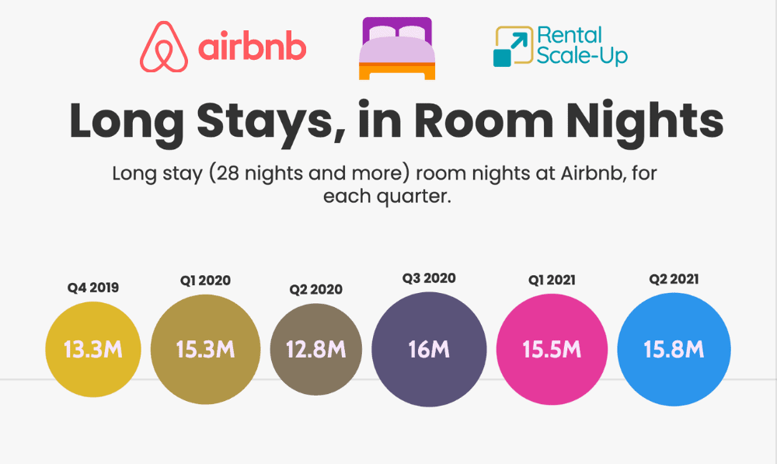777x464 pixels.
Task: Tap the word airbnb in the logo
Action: click(253, 47)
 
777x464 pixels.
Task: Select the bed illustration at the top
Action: click(397, 48)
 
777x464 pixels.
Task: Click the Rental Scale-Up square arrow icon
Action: click(513, 46)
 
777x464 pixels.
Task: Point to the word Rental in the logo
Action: click(570, 35)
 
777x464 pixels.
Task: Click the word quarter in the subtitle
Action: click(414, 197)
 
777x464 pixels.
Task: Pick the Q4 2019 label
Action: click(93, 288)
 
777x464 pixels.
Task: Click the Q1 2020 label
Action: click(205, 281)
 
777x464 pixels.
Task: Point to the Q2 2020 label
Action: click(315, 289)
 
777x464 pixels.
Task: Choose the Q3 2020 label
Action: click(429, 278)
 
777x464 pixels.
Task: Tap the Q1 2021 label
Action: click(552, 280)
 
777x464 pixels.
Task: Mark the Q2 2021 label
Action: click(674, 279)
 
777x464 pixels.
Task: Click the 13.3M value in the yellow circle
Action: click(93, 350)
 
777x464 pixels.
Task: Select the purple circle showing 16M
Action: click(429, 350)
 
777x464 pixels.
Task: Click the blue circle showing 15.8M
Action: click(674, 350)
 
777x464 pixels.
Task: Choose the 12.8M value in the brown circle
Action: click(316, 350)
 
